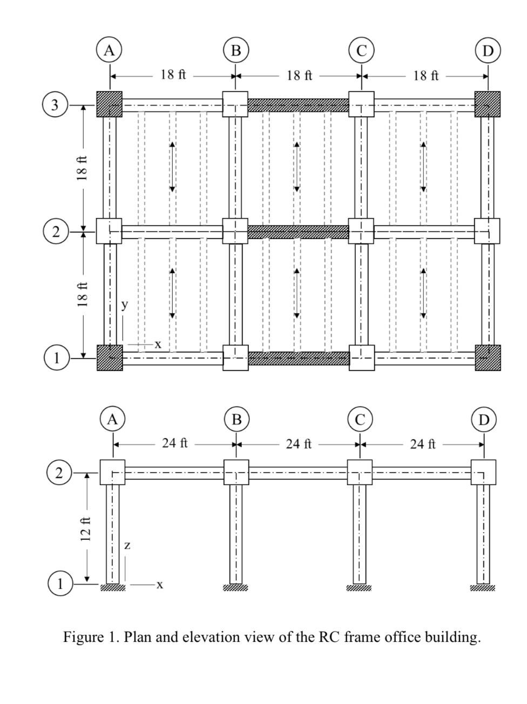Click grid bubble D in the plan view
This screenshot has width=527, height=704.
click(x=488, y=51)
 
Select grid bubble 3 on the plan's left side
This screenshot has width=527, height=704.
click(x=55, y=104)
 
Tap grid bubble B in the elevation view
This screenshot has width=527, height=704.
click(x=237, y=420)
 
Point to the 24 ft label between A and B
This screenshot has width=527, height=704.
click(x=175, y=443)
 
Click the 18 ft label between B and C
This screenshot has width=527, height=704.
click(x=300, y=75)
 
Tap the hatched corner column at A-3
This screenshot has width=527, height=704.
click(x=110, y=104)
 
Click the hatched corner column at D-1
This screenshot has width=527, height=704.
click(x=488, y=358)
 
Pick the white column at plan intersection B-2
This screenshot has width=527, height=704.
click(x=235, y=231)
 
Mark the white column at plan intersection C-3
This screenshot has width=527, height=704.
click(x=361, y=104)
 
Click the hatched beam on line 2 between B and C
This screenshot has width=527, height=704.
click(x=299, y=231)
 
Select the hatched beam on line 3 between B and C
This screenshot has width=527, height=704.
click(x=299, y=105)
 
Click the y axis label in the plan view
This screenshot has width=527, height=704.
click(x=125, y=304)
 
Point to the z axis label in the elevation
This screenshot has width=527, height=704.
click(x=127, y=546)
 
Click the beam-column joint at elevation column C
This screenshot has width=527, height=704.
click(x=360, y=472)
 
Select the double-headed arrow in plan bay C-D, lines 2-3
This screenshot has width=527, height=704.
click(x=424, y=167)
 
